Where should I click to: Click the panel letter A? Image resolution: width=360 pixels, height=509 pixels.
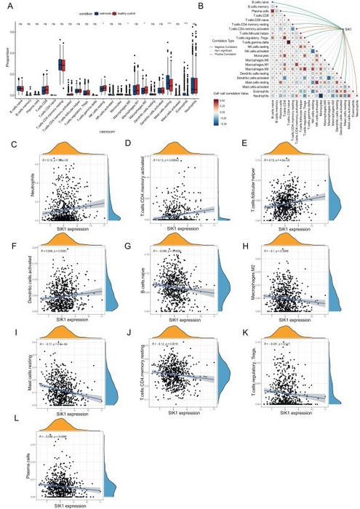[x=7, y=5]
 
